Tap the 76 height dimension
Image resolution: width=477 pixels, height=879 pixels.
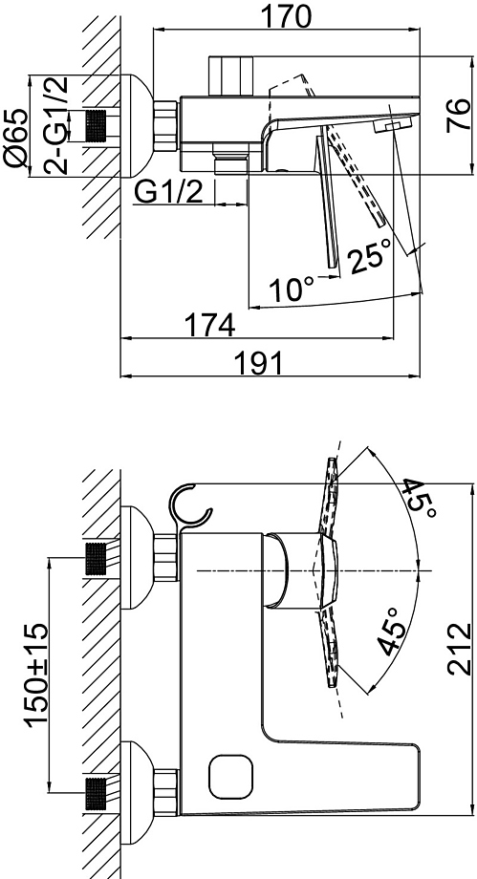[459, 115]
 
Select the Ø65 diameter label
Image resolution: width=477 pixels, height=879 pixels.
[15, 137]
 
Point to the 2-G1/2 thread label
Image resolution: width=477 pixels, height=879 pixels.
[55, 124]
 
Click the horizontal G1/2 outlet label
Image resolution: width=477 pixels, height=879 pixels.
[169, 192]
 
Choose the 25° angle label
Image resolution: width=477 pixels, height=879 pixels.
[369, 255]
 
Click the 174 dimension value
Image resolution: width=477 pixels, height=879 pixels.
[210, 325]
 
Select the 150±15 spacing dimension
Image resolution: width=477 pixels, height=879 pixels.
[37, 673]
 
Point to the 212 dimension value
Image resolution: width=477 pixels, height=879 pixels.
[459, 649]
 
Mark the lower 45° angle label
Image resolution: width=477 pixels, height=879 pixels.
[391, 632]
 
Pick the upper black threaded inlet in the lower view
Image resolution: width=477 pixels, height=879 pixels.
[96, 559]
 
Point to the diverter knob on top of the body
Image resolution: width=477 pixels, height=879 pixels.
[230, 76]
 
